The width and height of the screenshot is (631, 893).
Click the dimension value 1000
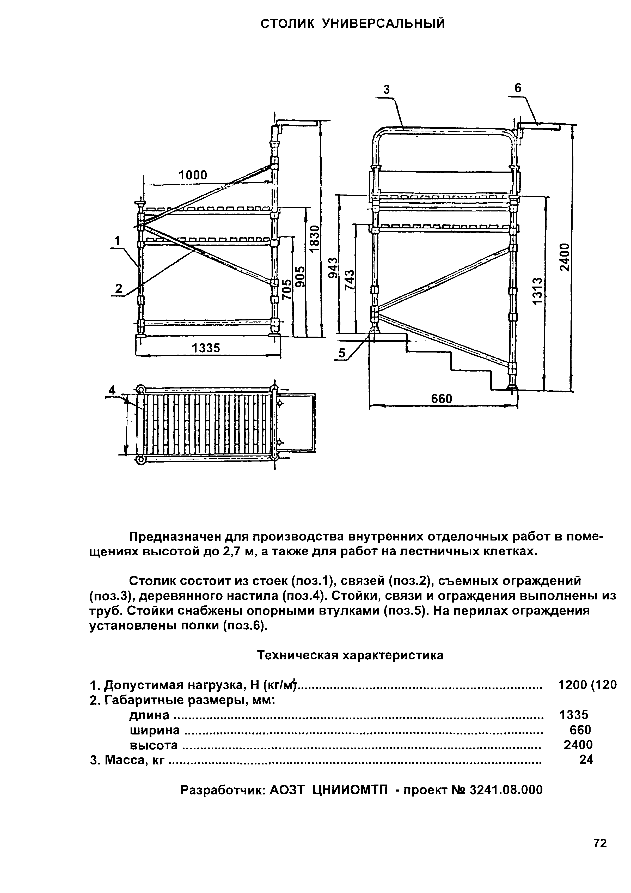pos(193,175)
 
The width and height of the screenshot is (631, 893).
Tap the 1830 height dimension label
pos(315,238)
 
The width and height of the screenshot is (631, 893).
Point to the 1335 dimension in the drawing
pos(206,348)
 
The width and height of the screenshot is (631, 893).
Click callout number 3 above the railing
pos(386,90)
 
